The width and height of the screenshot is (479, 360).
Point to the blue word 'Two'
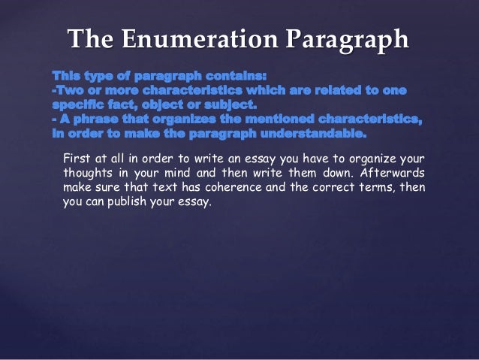coord(69,91)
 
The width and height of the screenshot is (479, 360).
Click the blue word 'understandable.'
coord(315,136)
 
